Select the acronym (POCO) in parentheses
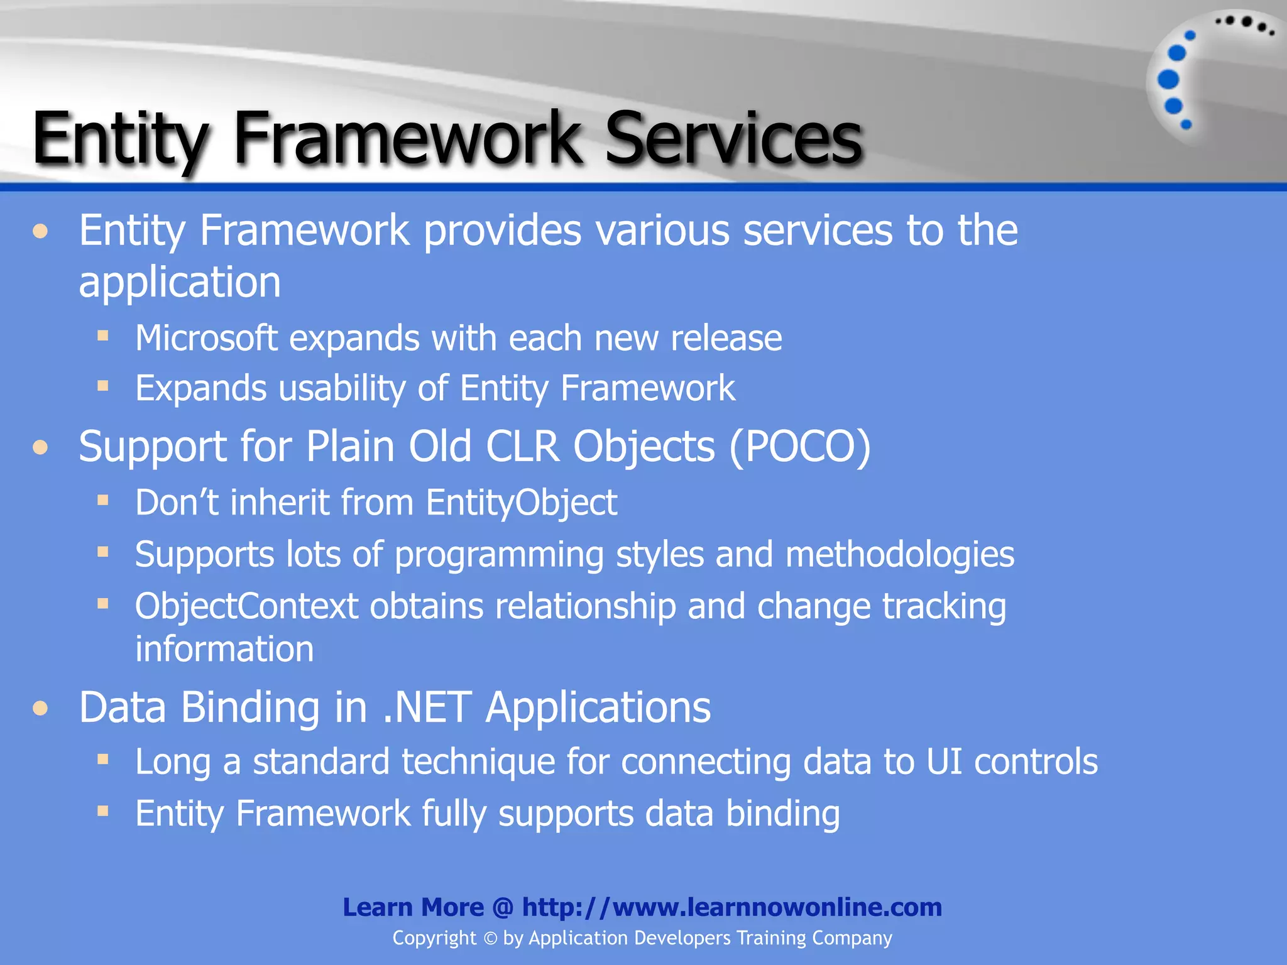(799, 447)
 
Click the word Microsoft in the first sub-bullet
(207, 338)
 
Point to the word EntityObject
(521, 503)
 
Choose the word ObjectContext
(246, 606)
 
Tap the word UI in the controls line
(944, 761)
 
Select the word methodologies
(899, 555)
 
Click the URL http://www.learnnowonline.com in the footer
(731, 907)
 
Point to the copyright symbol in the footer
(490, 939)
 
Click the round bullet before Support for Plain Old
(41, 447)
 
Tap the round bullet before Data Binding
(41, 709)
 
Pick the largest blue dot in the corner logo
(1168, 79)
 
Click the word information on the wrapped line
(224, 649)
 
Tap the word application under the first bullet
(180, 282)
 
